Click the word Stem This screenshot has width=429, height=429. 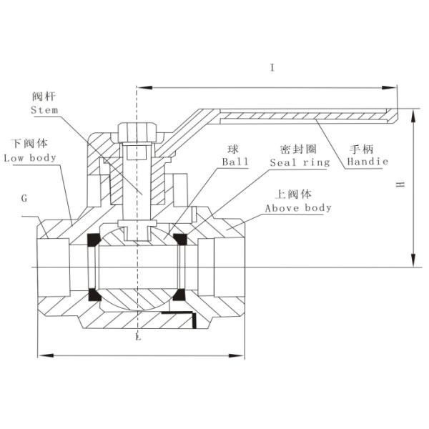pos(45,110)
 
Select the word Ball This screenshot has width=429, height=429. pos(235,162)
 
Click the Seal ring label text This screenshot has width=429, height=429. pos(300,162)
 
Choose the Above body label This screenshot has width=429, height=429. pos(298,208)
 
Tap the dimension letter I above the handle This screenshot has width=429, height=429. pos(272,68)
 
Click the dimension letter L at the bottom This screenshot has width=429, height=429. pos(138,337)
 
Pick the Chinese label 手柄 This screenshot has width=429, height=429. pos(362,149)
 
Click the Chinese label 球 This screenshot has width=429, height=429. pos(232,149)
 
